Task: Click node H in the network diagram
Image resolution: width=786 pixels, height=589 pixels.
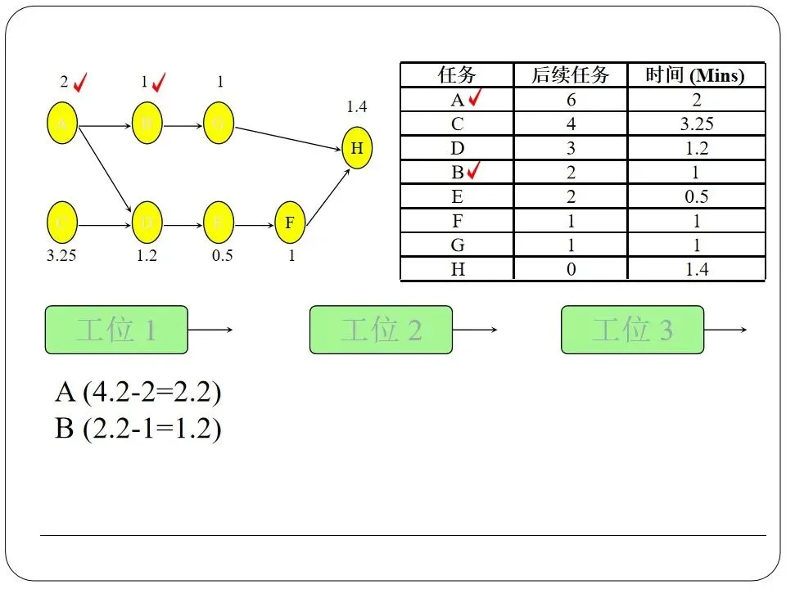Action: [356, 148]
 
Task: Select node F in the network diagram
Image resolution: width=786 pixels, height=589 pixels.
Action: [290, 223]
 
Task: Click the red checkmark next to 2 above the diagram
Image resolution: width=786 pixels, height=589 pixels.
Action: [80, 82]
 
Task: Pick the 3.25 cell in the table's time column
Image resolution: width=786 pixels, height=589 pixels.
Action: [696, 124]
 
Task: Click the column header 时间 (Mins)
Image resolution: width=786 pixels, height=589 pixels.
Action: [695, 75]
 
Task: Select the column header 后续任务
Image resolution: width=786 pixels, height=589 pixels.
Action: [570, 75]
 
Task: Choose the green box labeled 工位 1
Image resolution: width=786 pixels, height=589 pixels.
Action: [116, 330]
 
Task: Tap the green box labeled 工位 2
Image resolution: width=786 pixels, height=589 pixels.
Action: [381, 330]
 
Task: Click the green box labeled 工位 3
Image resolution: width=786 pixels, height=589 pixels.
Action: [632, 330]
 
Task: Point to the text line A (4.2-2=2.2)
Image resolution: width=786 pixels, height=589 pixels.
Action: [138, 393]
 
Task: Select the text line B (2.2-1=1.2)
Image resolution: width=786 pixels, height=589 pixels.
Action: [138, 428]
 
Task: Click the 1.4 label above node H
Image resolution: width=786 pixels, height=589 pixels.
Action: [357, 106]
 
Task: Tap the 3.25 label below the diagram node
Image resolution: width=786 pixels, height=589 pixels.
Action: [61, 255]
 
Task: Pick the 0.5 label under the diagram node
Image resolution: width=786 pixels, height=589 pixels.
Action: [222, 255]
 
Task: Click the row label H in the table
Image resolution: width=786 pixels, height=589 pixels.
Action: [457, 269]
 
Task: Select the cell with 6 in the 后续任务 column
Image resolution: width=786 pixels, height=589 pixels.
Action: [570, 100]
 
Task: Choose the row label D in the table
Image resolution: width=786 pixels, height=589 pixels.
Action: [457, 148]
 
